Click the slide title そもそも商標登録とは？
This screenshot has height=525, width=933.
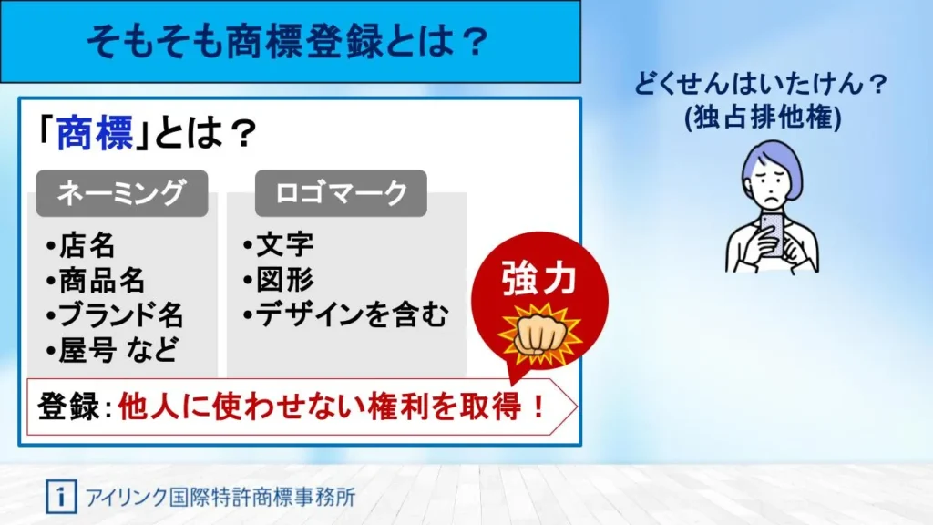(289, 42)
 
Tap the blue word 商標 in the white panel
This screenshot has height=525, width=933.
(95, 133)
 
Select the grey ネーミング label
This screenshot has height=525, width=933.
(122, 193)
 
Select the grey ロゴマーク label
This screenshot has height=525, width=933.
(341, 193)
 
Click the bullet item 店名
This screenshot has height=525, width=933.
(81, 245)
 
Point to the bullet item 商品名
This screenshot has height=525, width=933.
(96, 281)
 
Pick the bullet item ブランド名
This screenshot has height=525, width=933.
(115, 315)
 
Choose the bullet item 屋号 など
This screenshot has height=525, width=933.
(112, 350)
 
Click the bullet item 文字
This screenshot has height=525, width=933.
(279, 244)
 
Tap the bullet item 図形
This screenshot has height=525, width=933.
(279, 280)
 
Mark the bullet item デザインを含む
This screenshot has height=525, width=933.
(345, 314)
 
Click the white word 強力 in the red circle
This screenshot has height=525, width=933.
(539, 278)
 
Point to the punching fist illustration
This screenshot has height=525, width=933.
(539, 335)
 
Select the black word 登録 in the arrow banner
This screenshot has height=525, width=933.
(67, 407)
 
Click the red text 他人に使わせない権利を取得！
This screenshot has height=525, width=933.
(332, 407)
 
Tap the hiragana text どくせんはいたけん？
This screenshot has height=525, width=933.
(761, 83)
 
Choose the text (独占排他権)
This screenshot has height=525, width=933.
(763, 117)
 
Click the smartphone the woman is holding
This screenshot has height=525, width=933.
(773, 235)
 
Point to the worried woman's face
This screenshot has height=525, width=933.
(771, 184)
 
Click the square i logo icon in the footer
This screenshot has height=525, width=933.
(61, 497)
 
